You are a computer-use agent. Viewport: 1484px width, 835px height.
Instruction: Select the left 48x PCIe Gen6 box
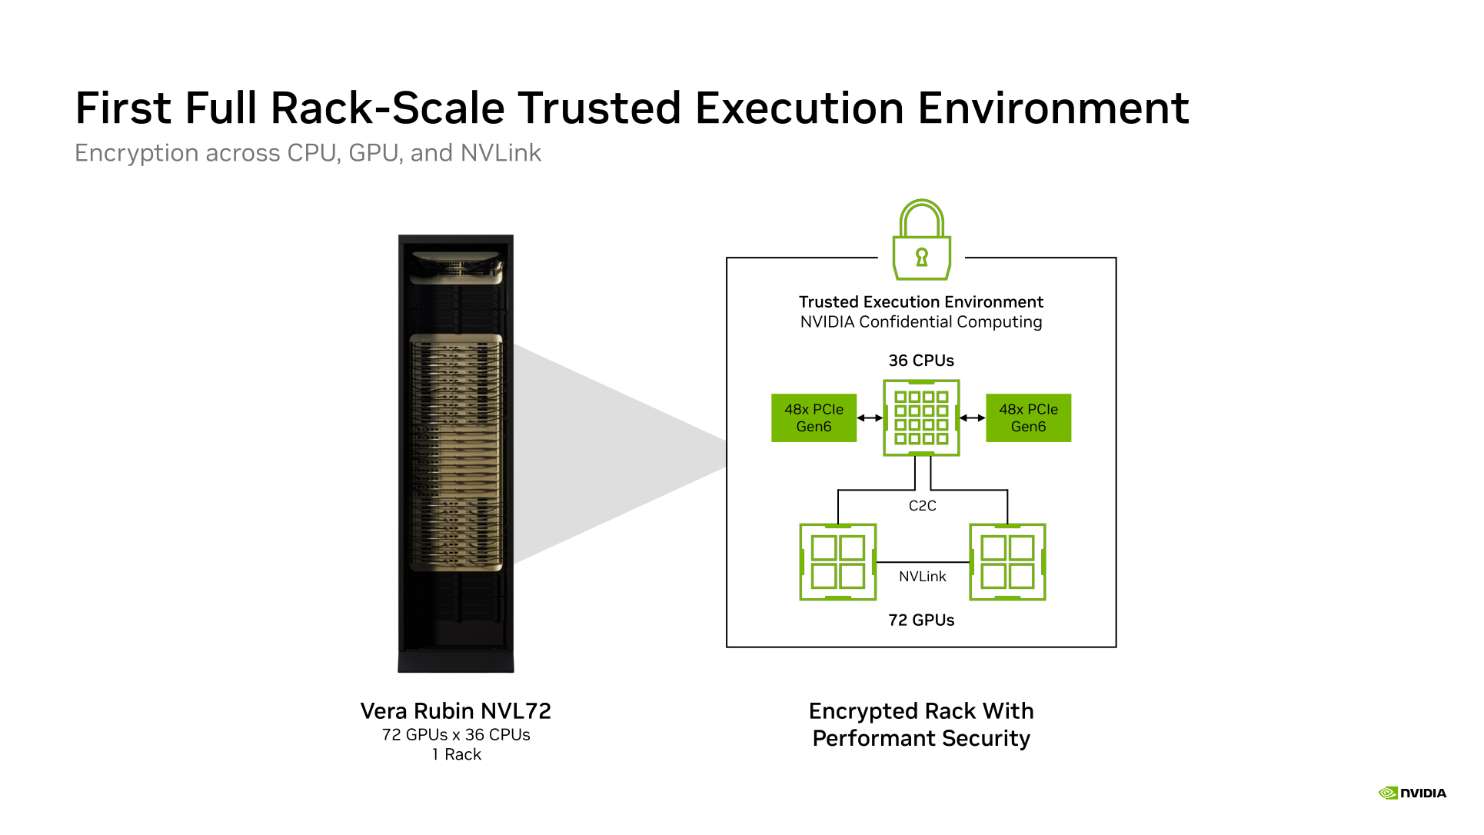814,417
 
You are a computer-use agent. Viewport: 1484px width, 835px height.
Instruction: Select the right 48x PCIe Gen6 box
1028,417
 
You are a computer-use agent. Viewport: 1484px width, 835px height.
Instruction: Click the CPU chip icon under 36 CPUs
921,417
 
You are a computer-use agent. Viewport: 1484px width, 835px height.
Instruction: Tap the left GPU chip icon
838,562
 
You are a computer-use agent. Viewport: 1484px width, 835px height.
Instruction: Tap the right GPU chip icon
1007,562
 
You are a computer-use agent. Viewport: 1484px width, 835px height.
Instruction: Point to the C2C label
922,506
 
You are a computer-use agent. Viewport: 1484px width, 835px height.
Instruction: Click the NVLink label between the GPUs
923,577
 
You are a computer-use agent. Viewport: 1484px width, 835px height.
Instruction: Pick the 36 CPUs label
921,361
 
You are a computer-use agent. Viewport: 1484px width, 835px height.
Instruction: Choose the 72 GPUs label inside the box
921,620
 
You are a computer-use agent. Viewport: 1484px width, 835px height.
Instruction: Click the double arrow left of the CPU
870,417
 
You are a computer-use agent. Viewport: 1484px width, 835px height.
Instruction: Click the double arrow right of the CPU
973,417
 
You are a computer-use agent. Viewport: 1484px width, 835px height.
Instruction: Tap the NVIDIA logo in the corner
1412,793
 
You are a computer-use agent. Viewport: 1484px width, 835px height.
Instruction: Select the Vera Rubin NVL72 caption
456,711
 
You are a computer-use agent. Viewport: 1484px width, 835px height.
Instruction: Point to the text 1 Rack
457,755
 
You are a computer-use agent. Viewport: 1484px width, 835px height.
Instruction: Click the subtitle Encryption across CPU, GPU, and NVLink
308,154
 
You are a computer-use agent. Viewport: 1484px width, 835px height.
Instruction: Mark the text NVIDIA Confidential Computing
921,322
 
